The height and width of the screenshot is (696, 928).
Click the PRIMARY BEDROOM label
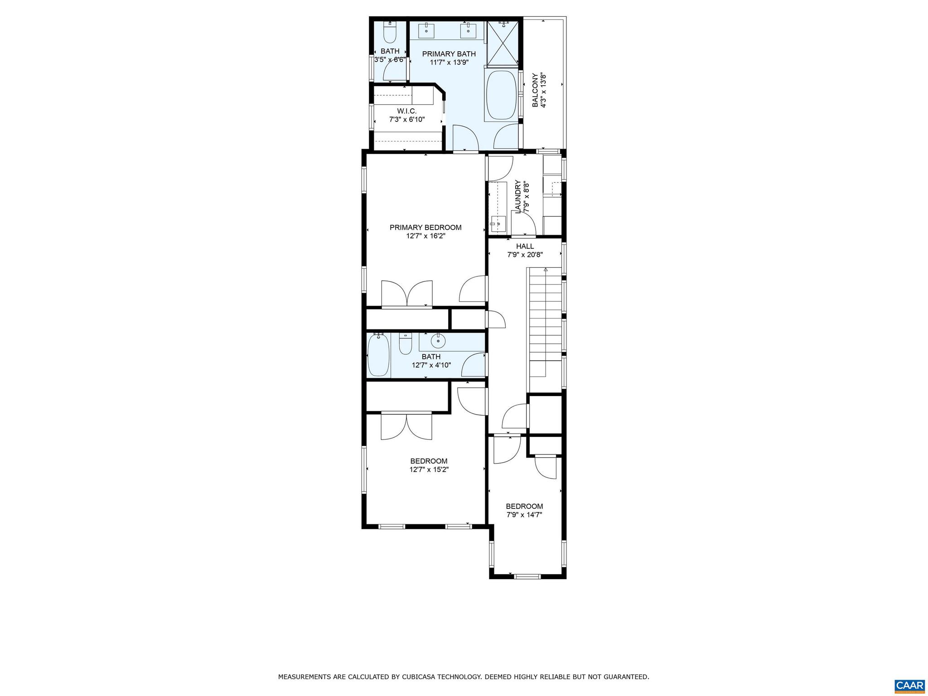[x=425, y=227]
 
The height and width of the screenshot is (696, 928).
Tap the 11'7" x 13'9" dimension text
[x=449, y=63]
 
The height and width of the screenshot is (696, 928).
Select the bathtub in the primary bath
[x=501, y=95]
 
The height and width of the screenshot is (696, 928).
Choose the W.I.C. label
[x=406, y=111]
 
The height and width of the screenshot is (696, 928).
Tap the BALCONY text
[x=535, y=90]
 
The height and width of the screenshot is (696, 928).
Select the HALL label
[x=525, y=246]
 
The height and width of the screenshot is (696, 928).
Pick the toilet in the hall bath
[x=405, y=344]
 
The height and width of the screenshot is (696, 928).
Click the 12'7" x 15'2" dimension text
[x=429, y=470]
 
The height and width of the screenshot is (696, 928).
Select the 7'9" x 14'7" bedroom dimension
[x=524, y=515]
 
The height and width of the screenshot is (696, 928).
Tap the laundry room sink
[x=498, y=222]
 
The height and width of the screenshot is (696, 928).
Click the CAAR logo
[x=909, y=685]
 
